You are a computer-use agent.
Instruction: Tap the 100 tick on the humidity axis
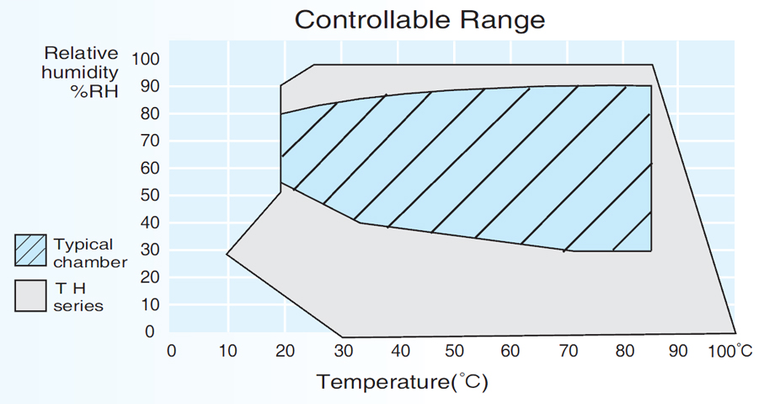tap(145, 59)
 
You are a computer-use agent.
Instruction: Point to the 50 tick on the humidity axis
tap(145, 196)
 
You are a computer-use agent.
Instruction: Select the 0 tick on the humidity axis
tap(150, 332)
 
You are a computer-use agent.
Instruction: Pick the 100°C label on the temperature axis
tap(729, 351)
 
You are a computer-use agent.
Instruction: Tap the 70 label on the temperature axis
tap(566, 351)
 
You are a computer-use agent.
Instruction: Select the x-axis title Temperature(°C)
tap(403, 381)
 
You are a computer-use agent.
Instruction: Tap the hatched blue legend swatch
tap(32, 250)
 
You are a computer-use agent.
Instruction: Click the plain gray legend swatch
tap(32, 296)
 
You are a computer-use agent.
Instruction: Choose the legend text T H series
tap(78, 297)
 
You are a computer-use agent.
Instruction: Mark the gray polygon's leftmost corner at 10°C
tap(227, 253)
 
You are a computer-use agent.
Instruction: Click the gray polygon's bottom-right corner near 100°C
tap(735, 331)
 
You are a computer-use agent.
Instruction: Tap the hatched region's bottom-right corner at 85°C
tap(651, 250)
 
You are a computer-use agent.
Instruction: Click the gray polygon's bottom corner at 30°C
tap(342, 336)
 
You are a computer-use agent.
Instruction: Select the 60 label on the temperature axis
tap(510, 351)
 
